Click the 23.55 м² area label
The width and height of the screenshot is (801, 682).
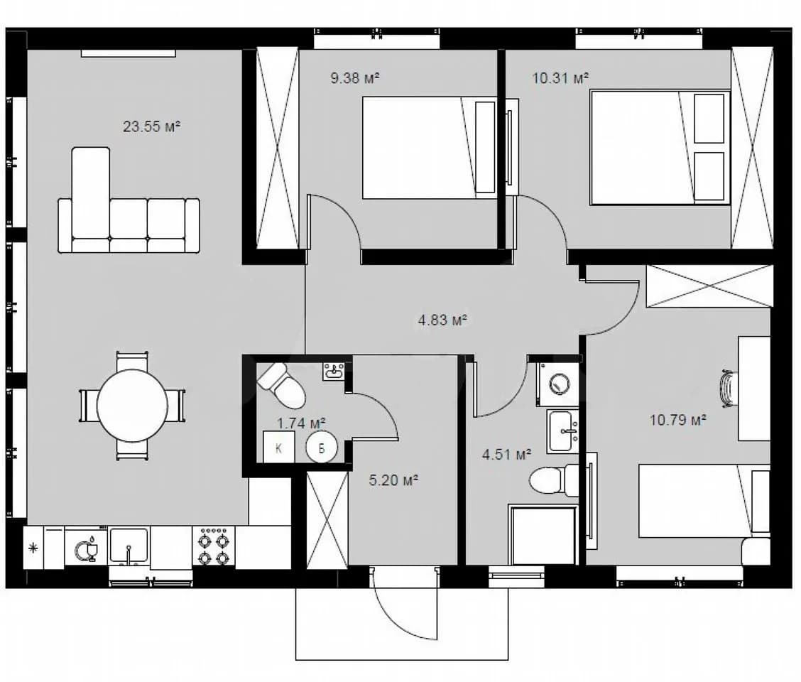coord(151,126)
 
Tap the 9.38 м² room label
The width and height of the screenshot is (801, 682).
coord(355,78)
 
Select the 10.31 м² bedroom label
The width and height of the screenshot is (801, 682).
coord(560,78)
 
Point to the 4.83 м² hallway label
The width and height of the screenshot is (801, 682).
coord(443,320)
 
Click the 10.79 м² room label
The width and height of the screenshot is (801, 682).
coord(678,420)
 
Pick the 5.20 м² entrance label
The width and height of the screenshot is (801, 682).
coord(394,480)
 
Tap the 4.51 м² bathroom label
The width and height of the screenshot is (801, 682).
coord(507,454)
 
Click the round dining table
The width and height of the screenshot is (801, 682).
coord(132,406)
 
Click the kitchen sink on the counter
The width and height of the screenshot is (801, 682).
coord(129,546)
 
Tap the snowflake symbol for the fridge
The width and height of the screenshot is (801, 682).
coord(33,548)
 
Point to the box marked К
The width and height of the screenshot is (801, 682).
coord(279,448)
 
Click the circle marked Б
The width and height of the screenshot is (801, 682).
coord(322,448)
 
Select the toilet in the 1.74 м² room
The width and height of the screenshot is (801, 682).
coord(281,385)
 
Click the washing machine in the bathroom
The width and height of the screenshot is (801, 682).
coord(558,384)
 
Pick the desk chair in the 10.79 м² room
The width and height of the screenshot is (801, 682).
coord(728,388)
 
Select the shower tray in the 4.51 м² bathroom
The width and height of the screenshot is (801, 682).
coord(544,535)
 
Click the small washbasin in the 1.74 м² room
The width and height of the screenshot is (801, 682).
coord(334,371)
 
